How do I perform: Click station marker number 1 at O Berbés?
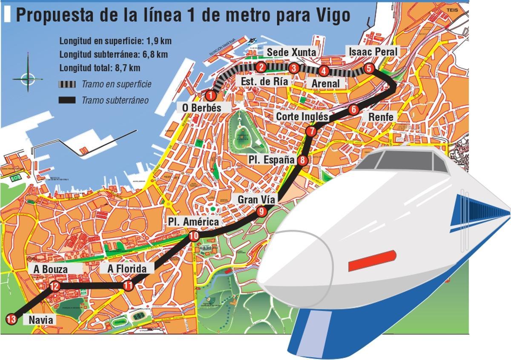tap(210, 96)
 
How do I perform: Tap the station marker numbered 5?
tap(369, 68)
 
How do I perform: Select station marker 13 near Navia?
tap(11, 319)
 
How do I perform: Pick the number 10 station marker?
tap(194, 236)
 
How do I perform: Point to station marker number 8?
tap(302, 160)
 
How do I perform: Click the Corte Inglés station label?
tap(302, 117)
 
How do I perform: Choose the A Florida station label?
tap(127, 269)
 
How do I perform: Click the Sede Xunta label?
tap(291, 52)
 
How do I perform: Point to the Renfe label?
tap(381, 117)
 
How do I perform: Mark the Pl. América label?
tap(193, 222)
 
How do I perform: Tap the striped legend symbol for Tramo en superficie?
tap(67, 84)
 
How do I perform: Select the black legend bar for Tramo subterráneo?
tap(67, 100)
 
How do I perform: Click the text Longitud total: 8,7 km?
tap(100, 68)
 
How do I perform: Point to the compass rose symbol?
tap(28, 78)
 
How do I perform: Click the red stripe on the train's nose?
tap(372, 261)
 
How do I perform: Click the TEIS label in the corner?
tap(452, 9)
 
